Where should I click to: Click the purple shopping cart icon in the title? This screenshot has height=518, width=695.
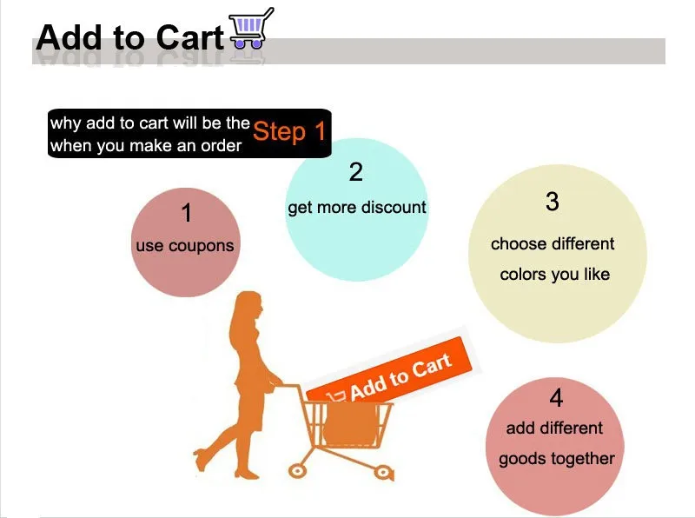click(x=251, y=28)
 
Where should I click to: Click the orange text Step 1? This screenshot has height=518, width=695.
click(x=289, y=131)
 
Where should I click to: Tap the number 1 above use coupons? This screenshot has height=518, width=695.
click(x=187, y=213)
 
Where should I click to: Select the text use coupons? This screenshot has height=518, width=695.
click(x=185, y=246)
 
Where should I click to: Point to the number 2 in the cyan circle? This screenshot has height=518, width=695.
click(x=356, y=172)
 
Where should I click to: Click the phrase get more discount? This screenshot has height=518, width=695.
click(x=357, y=208)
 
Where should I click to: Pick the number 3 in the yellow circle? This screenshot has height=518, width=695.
click(x=553, y=202)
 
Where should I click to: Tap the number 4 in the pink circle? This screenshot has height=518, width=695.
click(x=556, y=398)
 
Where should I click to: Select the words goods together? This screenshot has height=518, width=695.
click(x=557, y=459)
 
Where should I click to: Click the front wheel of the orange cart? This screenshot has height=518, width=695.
click(x=382, y=473)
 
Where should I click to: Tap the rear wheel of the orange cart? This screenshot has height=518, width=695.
click(x=297, y=470)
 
